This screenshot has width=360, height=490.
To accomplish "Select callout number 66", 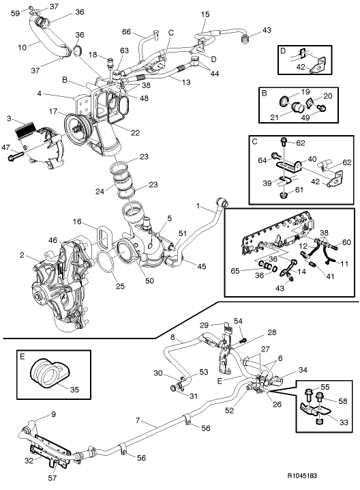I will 125,31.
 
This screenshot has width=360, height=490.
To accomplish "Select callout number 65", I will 235,271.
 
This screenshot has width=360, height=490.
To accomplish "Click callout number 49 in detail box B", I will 324,117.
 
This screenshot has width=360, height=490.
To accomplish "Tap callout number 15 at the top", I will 205,14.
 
